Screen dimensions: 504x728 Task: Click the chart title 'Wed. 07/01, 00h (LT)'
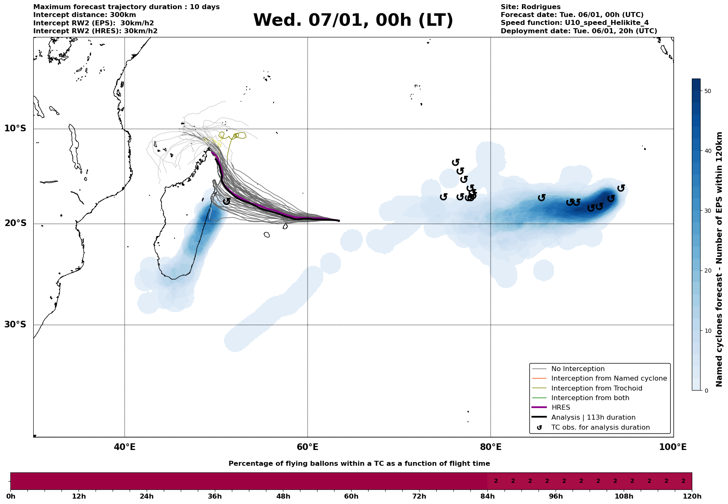pos(353,20)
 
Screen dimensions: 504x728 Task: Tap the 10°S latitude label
pos(15,128)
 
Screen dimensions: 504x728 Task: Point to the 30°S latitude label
pos(15,325)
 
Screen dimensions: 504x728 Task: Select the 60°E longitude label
pos(307,447)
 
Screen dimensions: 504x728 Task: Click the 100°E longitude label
pos(673,447)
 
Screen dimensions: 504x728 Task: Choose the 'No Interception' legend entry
pos(578,369)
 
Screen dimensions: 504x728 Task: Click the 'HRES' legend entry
pos(561,408)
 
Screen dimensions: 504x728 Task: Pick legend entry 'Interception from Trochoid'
pos(596,388)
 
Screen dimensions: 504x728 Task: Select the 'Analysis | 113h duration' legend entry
pos(593,418)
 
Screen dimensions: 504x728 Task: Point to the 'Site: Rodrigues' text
pos(530,7)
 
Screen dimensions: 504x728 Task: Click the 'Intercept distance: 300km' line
pos(84,15)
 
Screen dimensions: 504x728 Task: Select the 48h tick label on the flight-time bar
pos(283,497)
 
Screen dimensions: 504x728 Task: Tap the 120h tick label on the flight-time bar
pos(691,497)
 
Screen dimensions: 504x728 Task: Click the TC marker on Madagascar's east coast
pos(226,201)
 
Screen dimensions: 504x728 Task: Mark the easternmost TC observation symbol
pos(621,188)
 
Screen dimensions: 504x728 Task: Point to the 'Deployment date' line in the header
pos(578,31)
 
